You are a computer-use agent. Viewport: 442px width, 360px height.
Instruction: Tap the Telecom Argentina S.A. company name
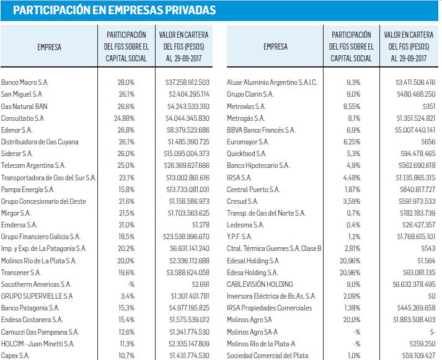click(33, 165)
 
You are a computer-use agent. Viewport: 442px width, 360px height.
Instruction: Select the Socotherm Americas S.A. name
click(36, 284)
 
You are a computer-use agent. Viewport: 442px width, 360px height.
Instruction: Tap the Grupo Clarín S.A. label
click(250, 94)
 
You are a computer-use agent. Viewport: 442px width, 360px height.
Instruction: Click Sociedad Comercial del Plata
click(268, 356)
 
